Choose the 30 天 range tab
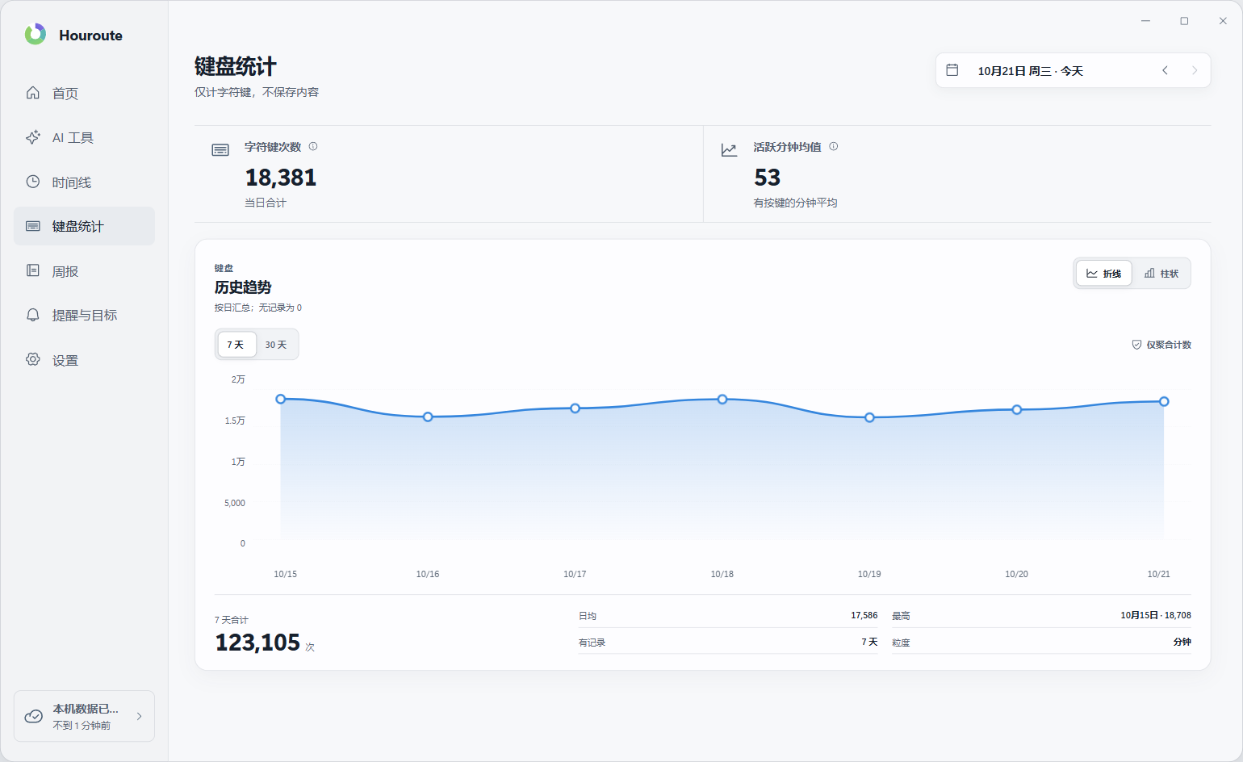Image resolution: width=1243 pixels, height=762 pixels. click(x=276, y=345)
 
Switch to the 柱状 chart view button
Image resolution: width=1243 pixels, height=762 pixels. click(x=1161, y=273)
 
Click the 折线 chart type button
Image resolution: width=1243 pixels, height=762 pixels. click(x=1103, y=273)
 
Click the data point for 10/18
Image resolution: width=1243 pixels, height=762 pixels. click(x=722, y=399)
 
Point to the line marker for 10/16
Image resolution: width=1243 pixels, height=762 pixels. click(x=428, y=417)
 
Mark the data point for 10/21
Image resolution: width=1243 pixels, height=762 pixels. click(x=1164, y=401)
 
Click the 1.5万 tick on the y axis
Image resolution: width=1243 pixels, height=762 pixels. click(x=235, y=421)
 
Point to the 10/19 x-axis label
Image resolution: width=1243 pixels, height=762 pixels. click(x=869, y=574)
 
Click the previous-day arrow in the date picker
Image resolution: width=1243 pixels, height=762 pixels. click(x=1166, y=70)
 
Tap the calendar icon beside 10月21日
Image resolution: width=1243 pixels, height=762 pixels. click(x=952, y=70)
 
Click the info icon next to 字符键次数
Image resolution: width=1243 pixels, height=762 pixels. click(x=313, y=147)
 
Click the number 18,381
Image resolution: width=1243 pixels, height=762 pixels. click(x=281, y=178)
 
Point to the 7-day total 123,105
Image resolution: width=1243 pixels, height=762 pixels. click(x=257, y=642)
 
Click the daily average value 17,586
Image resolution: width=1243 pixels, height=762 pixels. click(x=864, y=615)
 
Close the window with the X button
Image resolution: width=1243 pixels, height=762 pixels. click(x=1223, y=21)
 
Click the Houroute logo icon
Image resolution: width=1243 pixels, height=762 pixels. click(x=36, y=35)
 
